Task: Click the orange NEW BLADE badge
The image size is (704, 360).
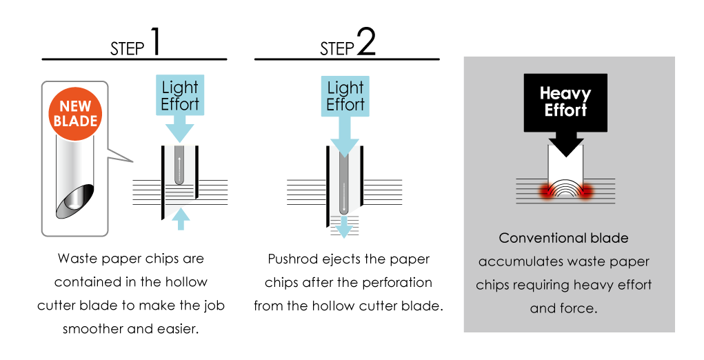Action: tap(75, 114)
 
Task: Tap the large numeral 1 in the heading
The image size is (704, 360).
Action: tap(154, 41)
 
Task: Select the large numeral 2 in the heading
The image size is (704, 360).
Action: tap(366, 41)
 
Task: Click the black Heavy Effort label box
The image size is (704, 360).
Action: tap(565, 103)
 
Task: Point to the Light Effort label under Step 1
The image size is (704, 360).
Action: tap(180, 96)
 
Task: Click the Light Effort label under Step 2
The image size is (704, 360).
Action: tap(345, 97)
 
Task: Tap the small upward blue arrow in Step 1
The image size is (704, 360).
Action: tap(181, 219)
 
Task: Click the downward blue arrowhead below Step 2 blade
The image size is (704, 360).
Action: tap(344, 228)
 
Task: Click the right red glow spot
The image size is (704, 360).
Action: tap(585, 192)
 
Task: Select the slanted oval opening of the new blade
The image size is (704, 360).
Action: tap(75, 201)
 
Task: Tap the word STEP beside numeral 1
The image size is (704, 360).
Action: tap(128, 48)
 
